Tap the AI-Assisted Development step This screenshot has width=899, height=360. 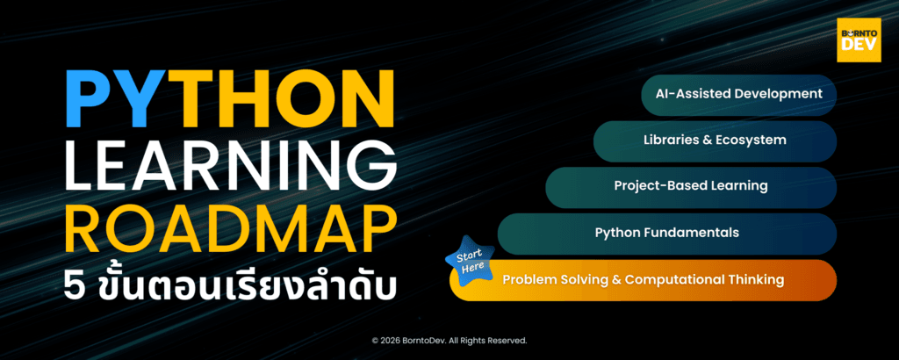tap(737, 93)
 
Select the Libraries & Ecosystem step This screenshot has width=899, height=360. tap(714, 140)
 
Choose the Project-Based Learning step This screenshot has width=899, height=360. tap(690, 186)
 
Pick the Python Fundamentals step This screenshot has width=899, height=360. tap(666, 233)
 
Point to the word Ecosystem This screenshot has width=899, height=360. tap(752, 140)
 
